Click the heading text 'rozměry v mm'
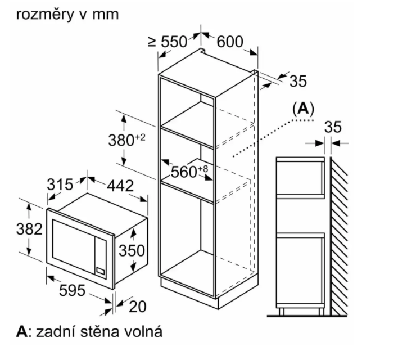pos(68,14)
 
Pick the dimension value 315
pos(60,184)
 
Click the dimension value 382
pos(29,229)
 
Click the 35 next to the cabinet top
pos(298,82)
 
